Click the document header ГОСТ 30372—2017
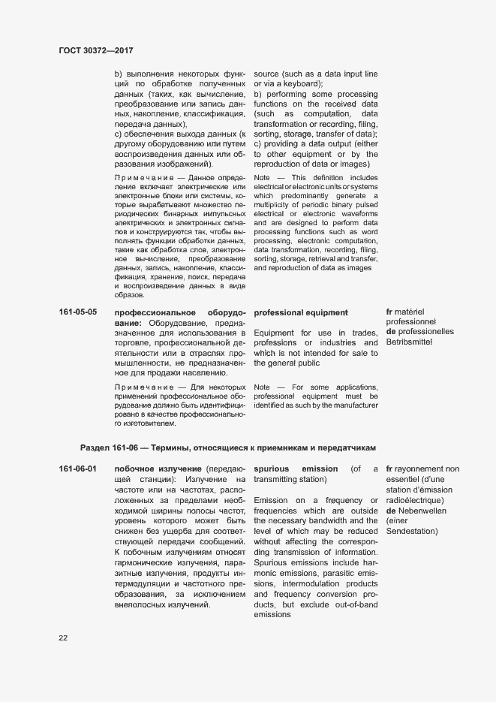point(95,50)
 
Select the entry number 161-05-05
point(78,312)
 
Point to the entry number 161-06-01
point(78,469)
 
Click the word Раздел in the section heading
point(96,447)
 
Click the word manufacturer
point(349,405)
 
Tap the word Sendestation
point(411,532)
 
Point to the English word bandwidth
point(341,521)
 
